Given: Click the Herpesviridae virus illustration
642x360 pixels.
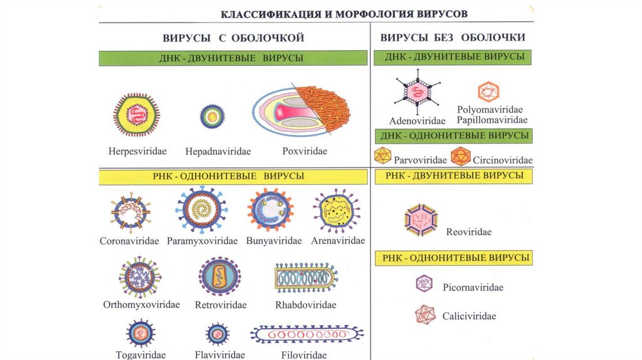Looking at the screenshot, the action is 136,115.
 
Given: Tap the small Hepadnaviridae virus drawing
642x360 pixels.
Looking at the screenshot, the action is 213,116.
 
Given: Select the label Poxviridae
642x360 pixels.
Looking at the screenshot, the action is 305,151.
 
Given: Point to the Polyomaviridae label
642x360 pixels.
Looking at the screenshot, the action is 492,110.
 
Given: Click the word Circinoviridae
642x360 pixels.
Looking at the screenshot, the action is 502,160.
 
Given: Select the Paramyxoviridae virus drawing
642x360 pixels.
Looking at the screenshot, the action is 201,210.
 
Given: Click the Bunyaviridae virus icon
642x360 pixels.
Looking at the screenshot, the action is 270,210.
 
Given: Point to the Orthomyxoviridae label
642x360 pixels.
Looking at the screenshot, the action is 141,305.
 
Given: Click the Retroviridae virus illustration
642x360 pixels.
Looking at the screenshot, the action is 220,276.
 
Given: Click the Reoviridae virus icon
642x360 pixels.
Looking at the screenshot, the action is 421,220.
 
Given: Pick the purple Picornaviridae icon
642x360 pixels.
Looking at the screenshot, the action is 424,284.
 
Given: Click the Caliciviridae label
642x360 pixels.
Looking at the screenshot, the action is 469,316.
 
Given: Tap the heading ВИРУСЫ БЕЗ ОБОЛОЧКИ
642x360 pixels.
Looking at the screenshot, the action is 453,38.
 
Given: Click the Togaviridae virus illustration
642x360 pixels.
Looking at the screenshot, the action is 140,332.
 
